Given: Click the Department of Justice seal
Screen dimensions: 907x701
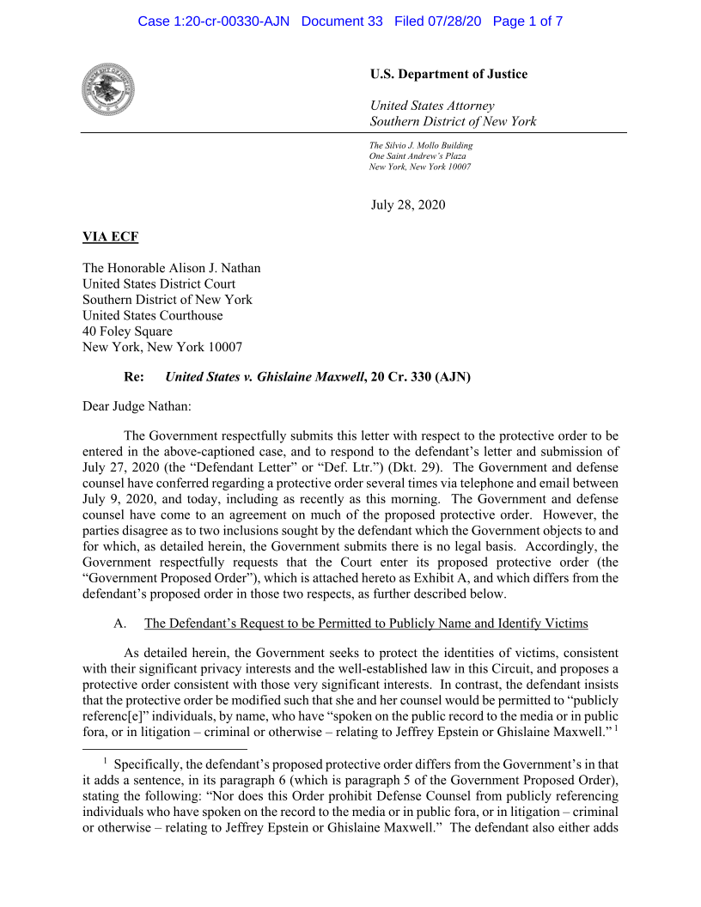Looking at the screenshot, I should coord(108,89).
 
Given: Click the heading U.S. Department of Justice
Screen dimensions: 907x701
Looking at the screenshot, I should coord(448,74).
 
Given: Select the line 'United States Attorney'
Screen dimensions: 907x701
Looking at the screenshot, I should coord(432,106).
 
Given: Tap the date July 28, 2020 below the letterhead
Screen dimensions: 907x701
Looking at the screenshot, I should coord(408,204).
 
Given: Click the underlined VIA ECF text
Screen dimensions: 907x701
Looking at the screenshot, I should coord(110,236).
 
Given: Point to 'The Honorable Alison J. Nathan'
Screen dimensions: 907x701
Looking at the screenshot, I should coord(171,268).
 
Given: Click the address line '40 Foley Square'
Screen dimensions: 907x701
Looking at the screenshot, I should coord(127,332).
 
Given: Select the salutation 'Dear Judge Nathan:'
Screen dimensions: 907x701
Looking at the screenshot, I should coord(137,405).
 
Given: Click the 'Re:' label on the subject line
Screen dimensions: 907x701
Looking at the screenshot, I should coord(134,376).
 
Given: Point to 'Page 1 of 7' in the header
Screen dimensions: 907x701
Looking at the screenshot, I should coord(527,21).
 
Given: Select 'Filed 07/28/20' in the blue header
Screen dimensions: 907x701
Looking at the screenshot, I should coord(437,21).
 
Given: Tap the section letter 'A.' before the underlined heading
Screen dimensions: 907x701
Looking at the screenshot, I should coord(120,623).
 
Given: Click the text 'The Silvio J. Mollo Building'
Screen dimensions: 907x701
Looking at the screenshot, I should coord(421,145).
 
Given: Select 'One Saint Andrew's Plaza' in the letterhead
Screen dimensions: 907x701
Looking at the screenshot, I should coord(418,155).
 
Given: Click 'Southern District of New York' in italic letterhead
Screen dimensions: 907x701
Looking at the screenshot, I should coord(453,121).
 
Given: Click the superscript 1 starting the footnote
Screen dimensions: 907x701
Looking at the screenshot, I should coord(105,761).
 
